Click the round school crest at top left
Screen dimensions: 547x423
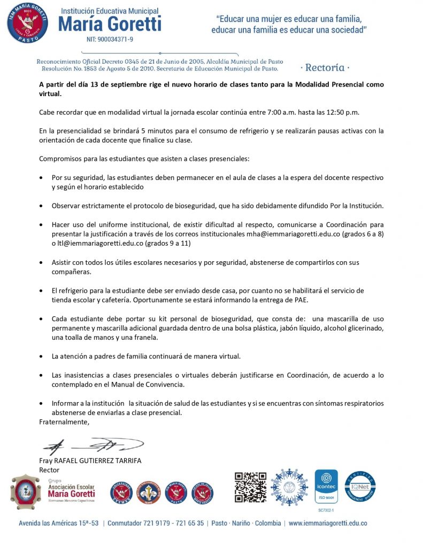[x=27, y=24]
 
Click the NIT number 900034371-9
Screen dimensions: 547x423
[x=110, y=40]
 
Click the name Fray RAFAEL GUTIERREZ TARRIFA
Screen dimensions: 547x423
[x=90, y=461]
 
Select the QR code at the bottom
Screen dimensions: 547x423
[x=250, y=487]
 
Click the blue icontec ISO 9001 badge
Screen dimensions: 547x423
[x=326, y=487]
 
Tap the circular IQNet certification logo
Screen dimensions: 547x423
[x=360, y=486]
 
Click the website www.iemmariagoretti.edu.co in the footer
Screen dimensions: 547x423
[x=328, y=523]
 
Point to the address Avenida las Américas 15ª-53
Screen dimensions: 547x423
[x=59, y=523]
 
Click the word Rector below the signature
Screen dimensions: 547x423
[x=50, y=470]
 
